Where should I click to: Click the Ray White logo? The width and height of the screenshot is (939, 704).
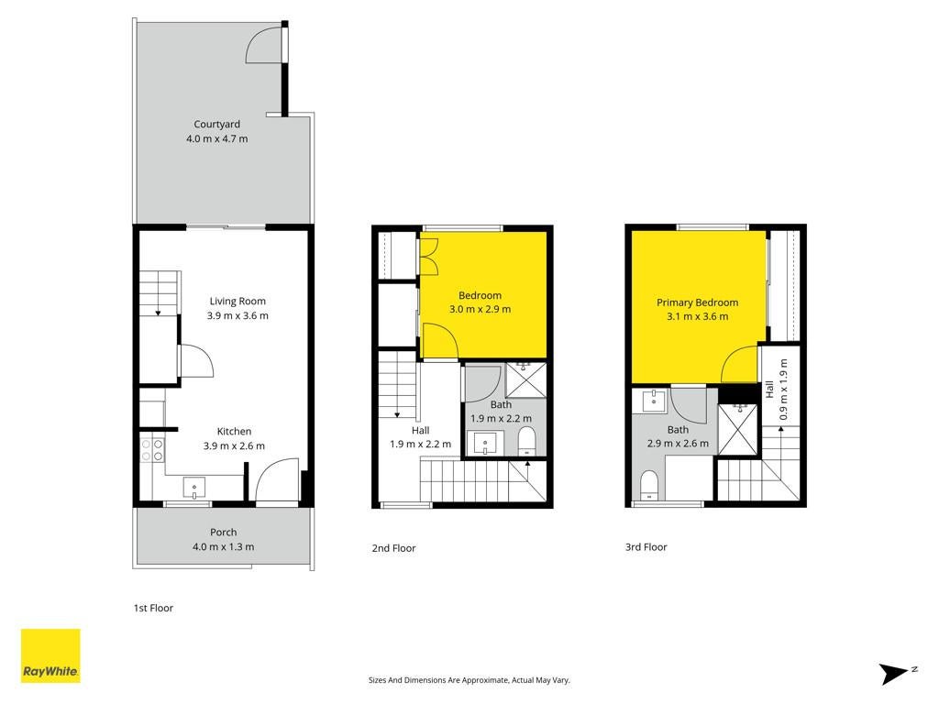click(50, 655)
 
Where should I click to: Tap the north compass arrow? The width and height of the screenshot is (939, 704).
click(896, 674)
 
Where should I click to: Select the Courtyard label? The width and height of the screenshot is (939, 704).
click(216, 124)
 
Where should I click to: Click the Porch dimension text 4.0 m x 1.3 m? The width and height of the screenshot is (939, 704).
click(224, 546)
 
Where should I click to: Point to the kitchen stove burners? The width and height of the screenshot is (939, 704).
click(152, 450)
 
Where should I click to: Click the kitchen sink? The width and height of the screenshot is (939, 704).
click(194, 488)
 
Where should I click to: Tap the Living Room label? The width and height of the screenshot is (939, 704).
click(238, 301)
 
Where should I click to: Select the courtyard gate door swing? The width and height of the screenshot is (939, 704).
click(263, 44)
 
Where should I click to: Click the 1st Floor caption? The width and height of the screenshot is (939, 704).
click(153, 609)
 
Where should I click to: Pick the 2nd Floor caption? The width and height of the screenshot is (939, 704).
click(393, 548)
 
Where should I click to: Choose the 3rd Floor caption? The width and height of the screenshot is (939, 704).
click(646, 546)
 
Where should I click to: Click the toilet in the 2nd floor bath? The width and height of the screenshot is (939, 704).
click(526, 441)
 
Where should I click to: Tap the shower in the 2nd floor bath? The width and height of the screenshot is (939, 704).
click(525, 379)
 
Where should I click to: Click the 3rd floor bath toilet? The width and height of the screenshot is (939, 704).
click(649, 485)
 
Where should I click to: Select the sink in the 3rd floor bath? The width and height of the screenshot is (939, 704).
click(654, 401)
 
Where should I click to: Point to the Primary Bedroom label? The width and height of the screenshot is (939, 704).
click(698, 302)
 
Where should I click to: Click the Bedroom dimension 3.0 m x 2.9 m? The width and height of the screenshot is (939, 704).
click(481, 310)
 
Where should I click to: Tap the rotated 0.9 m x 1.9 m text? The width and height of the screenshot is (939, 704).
click(783, 389)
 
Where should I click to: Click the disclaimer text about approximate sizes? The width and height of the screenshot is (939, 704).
click(469, 680)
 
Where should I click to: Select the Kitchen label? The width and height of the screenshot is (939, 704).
click(234, 432)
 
